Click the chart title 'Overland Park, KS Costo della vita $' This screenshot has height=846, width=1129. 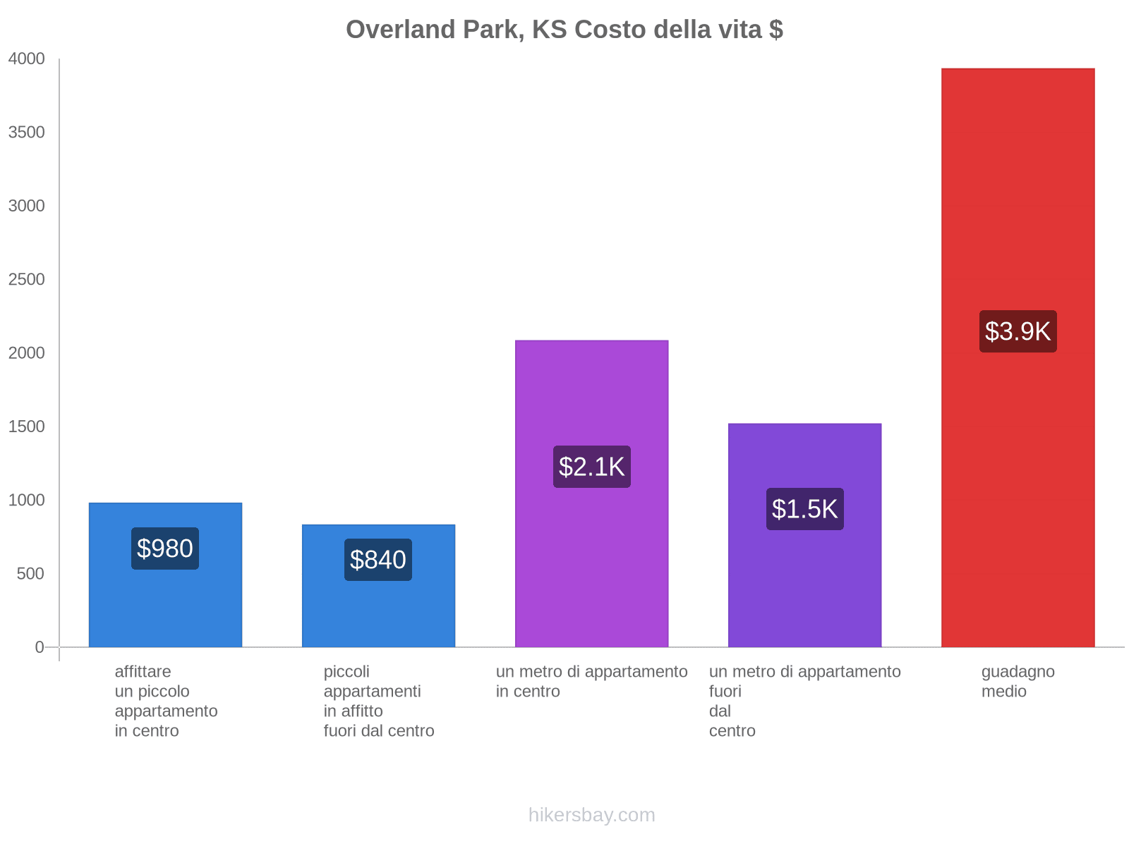[x=564, y=30]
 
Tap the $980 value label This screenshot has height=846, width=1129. [x=165, y=548]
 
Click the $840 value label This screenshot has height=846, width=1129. [x=378, y=560]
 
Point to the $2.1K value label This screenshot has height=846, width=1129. [x=591, y=467]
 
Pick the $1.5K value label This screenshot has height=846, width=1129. [x=804, y=509]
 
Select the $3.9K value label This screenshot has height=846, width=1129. [x=1018, y=331]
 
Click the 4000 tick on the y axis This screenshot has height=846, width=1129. [x=27, y=59]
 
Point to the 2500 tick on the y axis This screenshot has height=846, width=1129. [x=27, y=280]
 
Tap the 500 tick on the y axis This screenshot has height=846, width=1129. [x=31, y=574]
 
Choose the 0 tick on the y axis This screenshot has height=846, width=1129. [x=40, y=647]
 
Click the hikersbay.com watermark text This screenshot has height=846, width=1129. [x=591, y=815]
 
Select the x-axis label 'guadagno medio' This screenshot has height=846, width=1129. [x=1018, y=682]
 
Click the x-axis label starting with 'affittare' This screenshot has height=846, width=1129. [x=166, y=701]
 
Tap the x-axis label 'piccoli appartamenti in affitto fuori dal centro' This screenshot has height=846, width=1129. [x=379, y=701]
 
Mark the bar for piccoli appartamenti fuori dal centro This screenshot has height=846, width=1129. [x=378, y=606]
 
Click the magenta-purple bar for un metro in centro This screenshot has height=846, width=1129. [x=591, y=395]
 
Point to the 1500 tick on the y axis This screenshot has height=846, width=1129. [x=27, y=427]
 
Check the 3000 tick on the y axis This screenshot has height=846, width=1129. [x=27, y=206]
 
